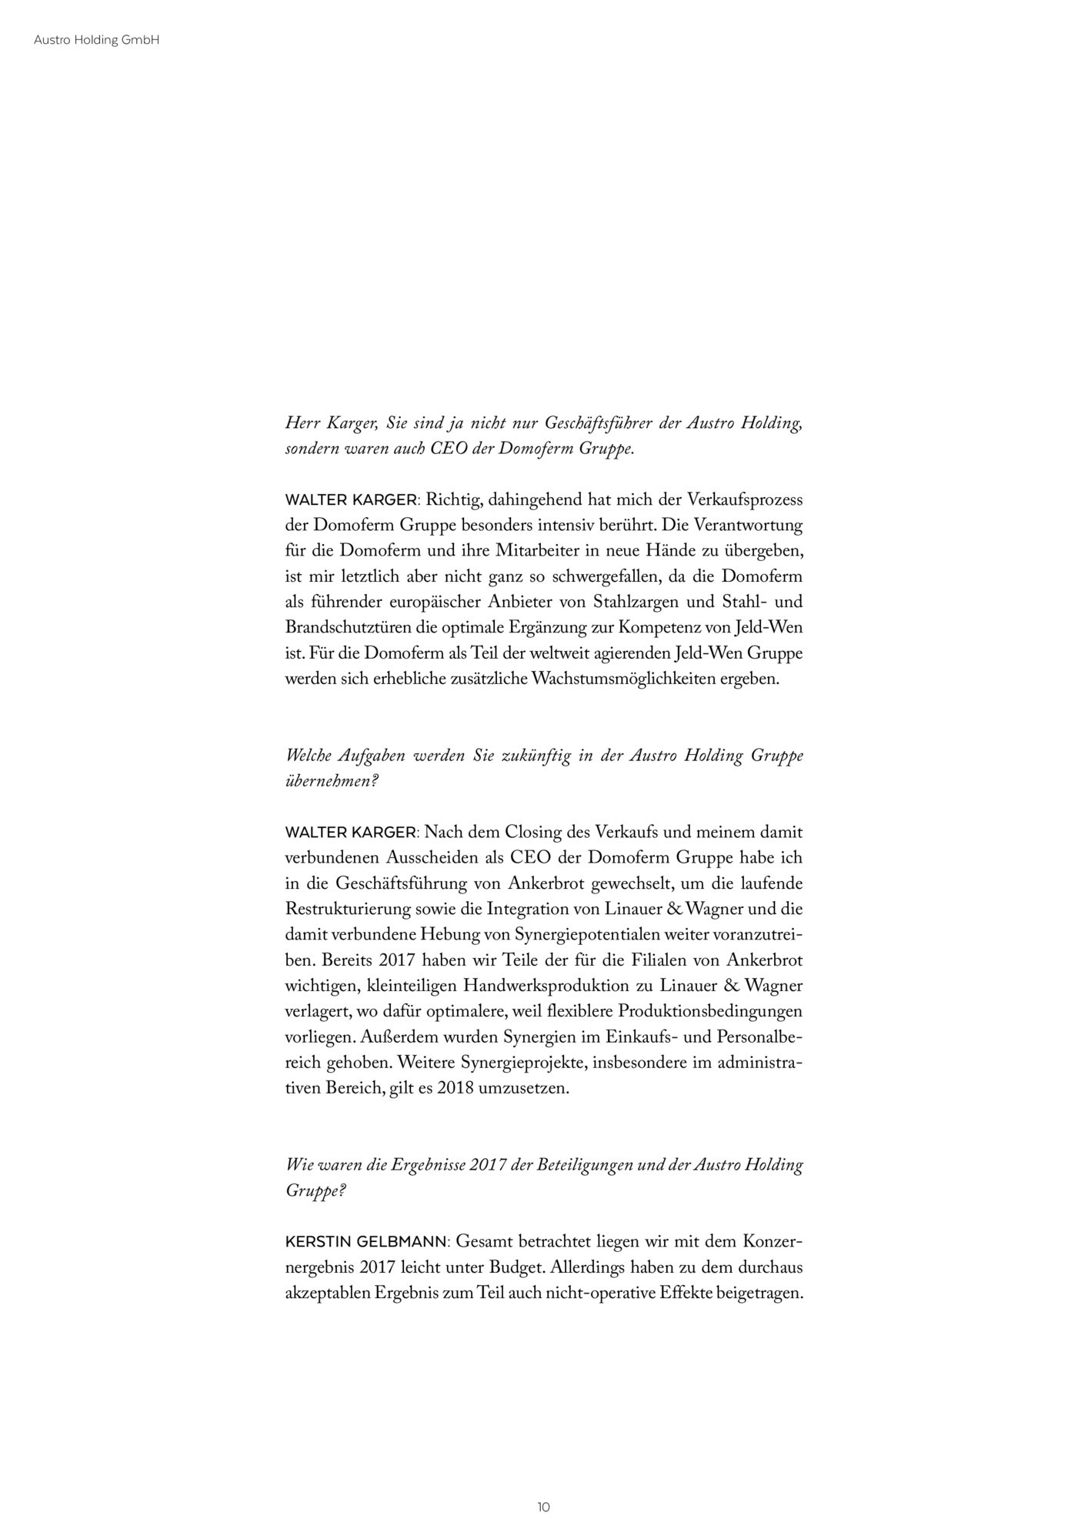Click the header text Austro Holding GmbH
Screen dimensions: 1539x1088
point(96,41)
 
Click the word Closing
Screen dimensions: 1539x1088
point(532,833)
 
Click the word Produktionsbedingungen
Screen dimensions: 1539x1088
point(709,1011)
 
